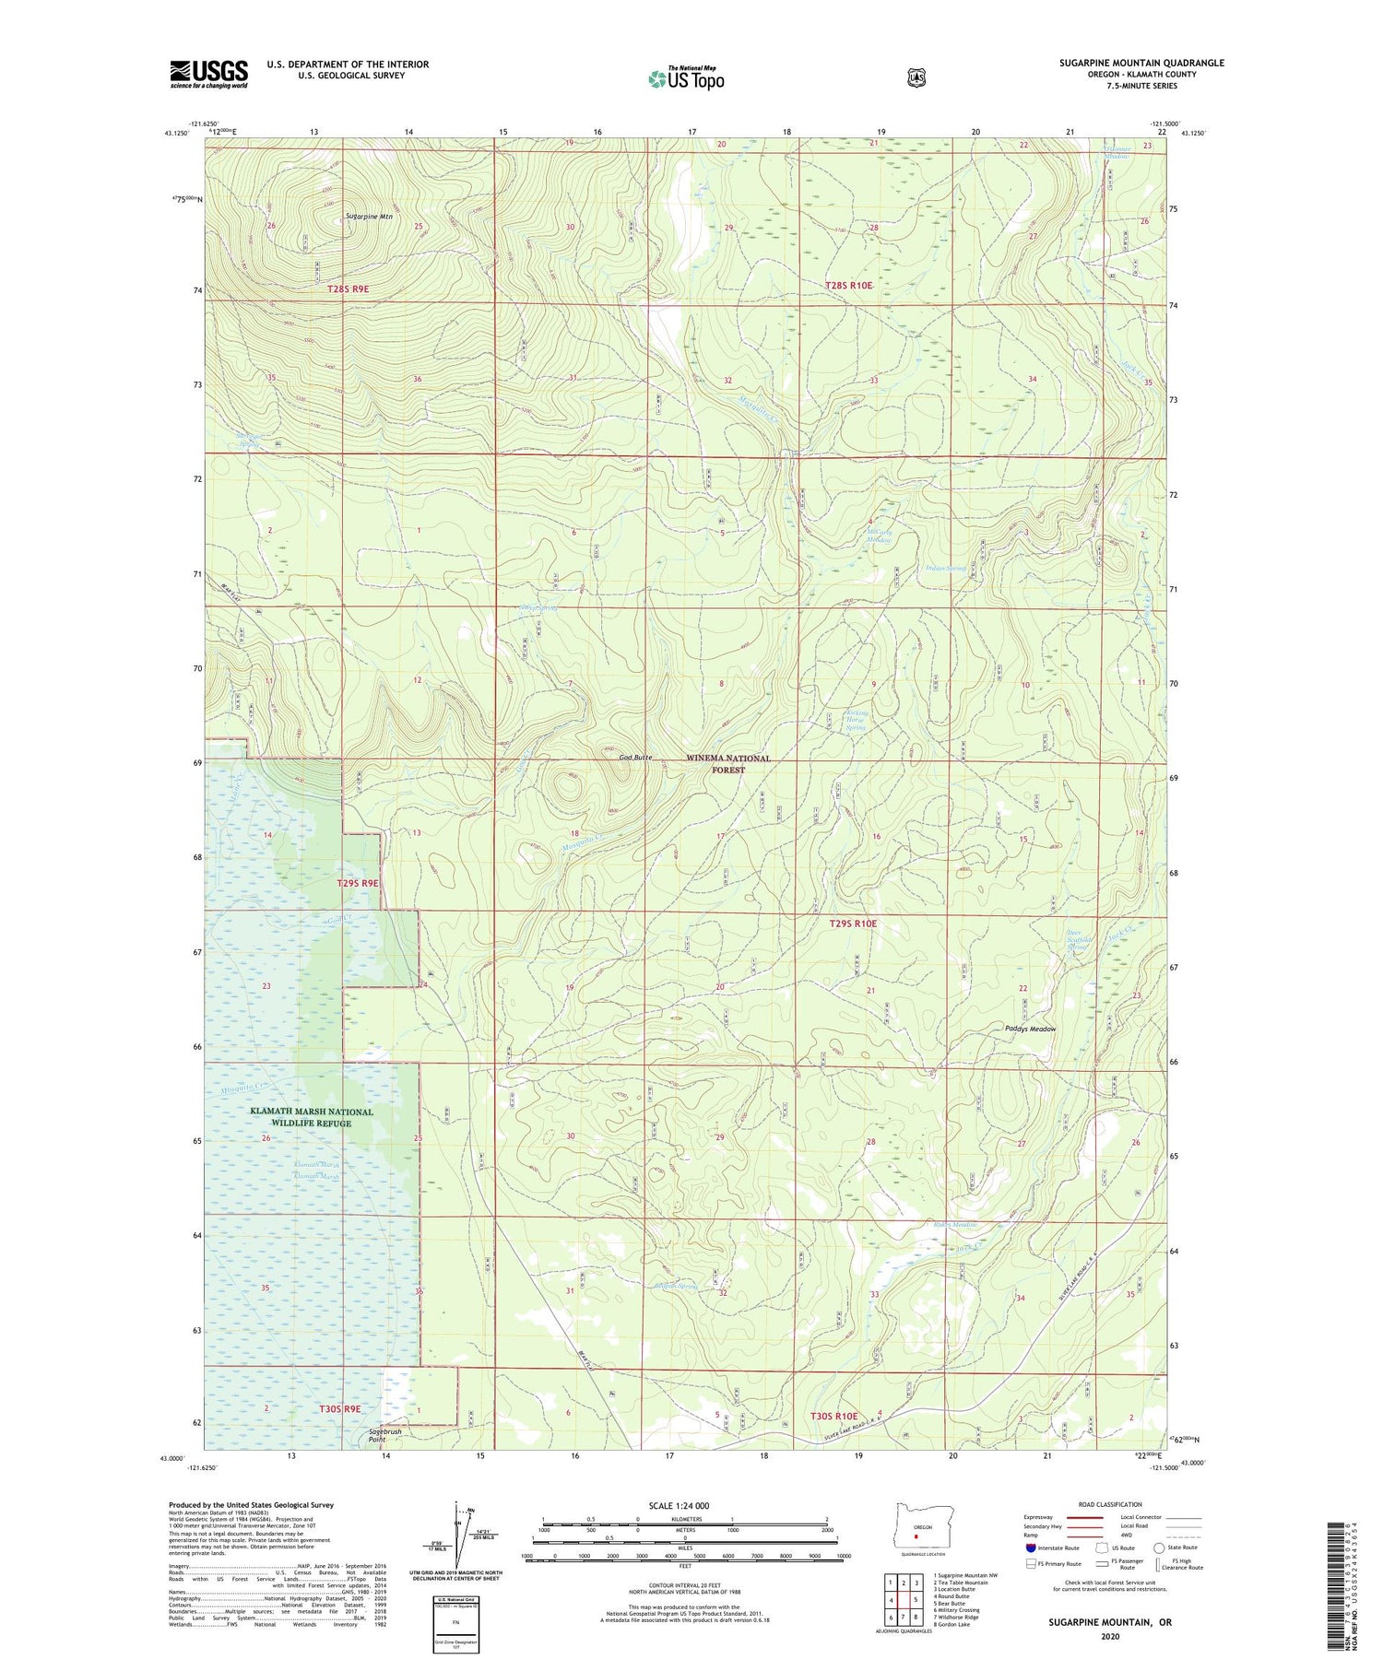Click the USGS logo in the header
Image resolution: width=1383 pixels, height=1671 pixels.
[208, 74]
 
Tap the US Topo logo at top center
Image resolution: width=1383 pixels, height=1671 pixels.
[686, 78]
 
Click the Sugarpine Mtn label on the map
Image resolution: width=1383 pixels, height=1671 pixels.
[369, 217]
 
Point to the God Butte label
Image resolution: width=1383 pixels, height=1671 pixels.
[636, 758]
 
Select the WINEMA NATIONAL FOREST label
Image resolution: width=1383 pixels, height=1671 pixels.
[728, 763]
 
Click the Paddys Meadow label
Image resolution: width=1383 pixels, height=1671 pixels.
[1030, 1029]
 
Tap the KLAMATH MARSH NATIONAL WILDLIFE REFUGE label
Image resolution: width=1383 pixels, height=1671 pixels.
[312, 1117]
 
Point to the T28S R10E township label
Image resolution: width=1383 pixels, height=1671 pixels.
[848, 286]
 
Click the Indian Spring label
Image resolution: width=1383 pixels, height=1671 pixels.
[945, 569]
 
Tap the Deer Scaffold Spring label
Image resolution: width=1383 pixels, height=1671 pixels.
[1080, 940]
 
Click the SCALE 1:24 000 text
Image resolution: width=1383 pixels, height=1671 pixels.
[679, 1506]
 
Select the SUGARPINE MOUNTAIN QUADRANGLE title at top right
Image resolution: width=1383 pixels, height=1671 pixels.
[1141, 63]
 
